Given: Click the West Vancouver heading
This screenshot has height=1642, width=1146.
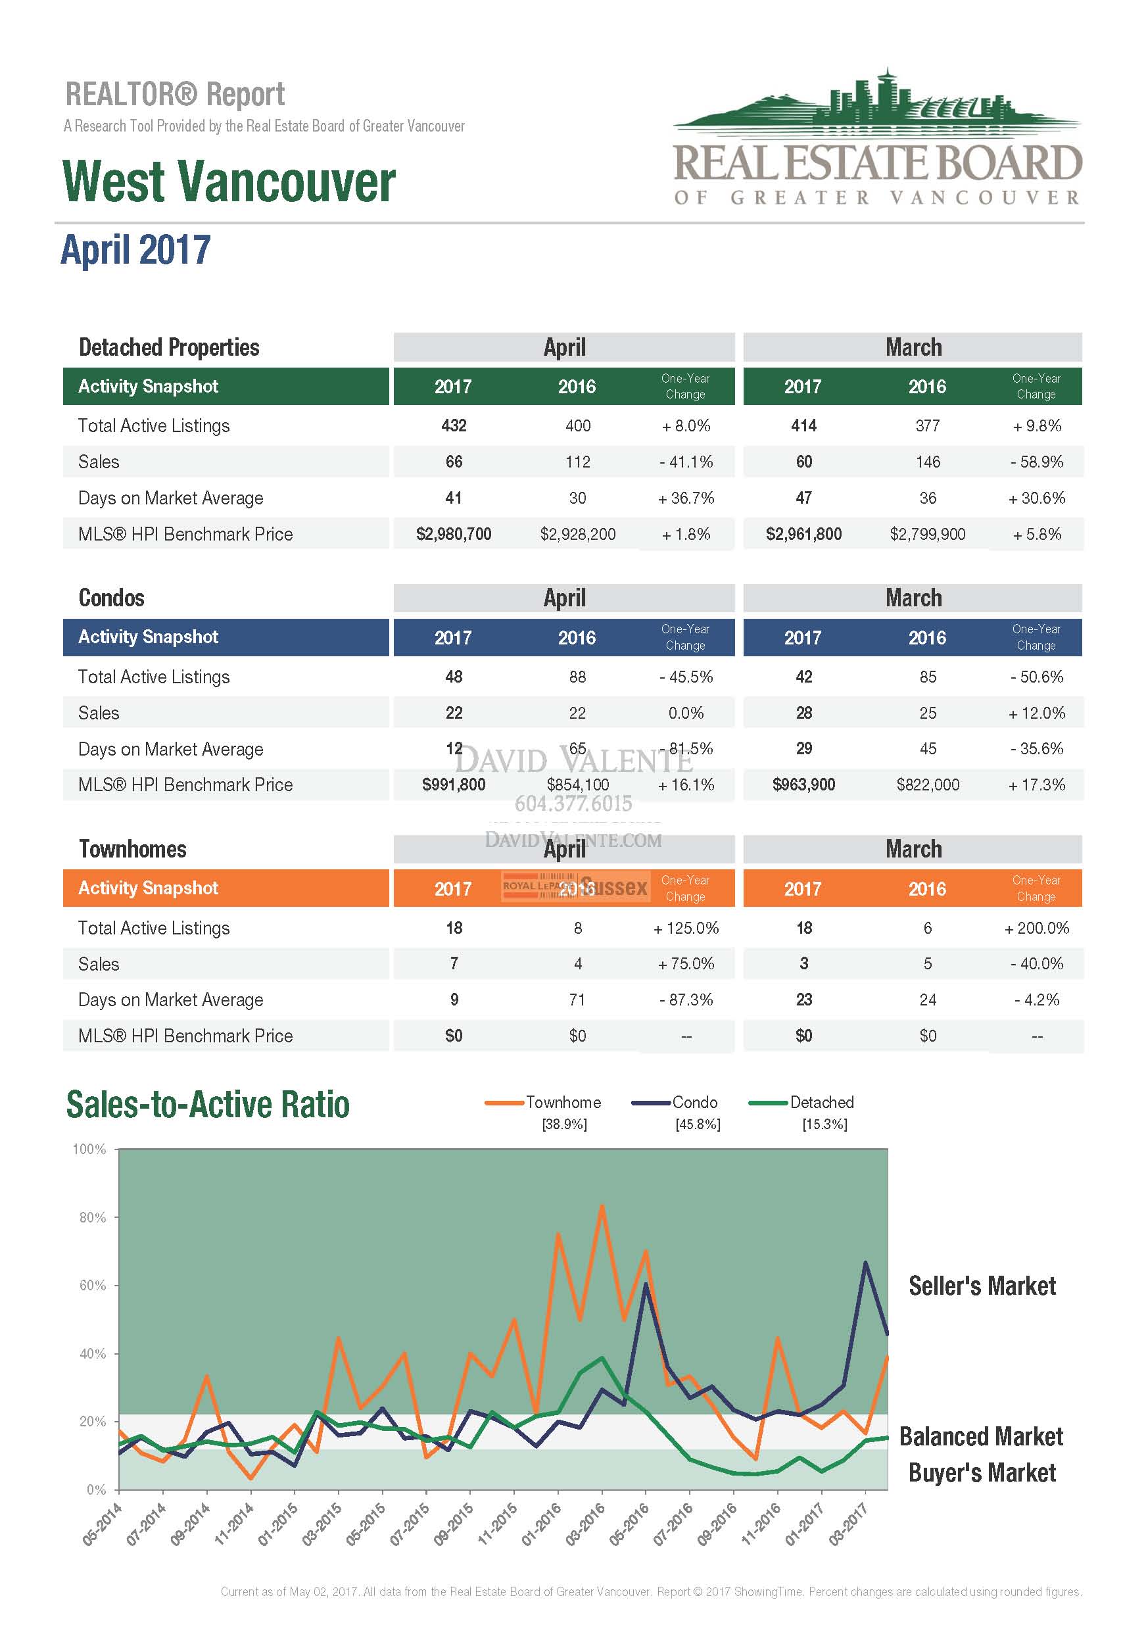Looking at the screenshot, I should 229,181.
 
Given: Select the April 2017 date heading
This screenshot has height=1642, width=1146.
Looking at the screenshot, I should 136,250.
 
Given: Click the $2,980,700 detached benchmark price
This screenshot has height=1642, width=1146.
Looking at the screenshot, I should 453,534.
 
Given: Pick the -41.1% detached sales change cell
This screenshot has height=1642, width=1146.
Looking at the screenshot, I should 686,462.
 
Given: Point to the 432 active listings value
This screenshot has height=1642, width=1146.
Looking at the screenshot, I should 453,425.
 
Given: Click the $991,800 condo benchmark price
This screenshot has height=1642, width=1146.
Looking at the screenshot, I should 453,785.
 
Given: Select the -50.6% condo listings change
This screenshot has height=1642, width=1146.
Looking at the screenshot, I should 1036,677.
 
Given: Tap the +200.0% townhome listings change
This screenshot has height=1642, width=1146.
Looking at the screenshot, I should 1036,928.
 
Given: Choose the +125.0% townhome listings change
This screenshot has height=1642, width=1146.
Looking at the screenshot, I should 686,928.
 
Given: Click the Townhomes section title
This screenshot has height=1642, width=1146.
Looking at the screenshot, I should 132,849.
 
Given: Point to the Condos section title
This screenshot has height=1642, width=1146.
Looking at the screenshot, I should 112,598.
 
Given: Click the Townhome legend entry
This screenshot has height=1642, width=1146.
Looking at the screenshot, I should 563,1102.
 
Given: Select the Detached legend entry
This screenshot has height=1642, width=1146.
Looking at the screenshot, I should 821,1102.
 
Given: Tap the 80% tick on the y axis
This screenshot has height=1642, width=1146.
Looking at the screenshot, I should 92,1217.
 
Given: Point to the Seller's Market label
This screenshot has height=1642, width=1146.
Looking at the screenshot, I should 982,1286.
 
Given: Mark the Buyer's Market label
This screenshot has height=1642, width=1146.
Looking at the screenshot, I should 982,1472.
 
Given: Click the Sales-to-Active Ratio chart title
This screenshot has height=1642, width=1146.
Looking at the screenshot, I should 208,1105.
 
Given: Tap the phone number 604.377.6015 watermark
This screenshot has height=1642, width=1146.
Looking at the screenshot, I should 573,804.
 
